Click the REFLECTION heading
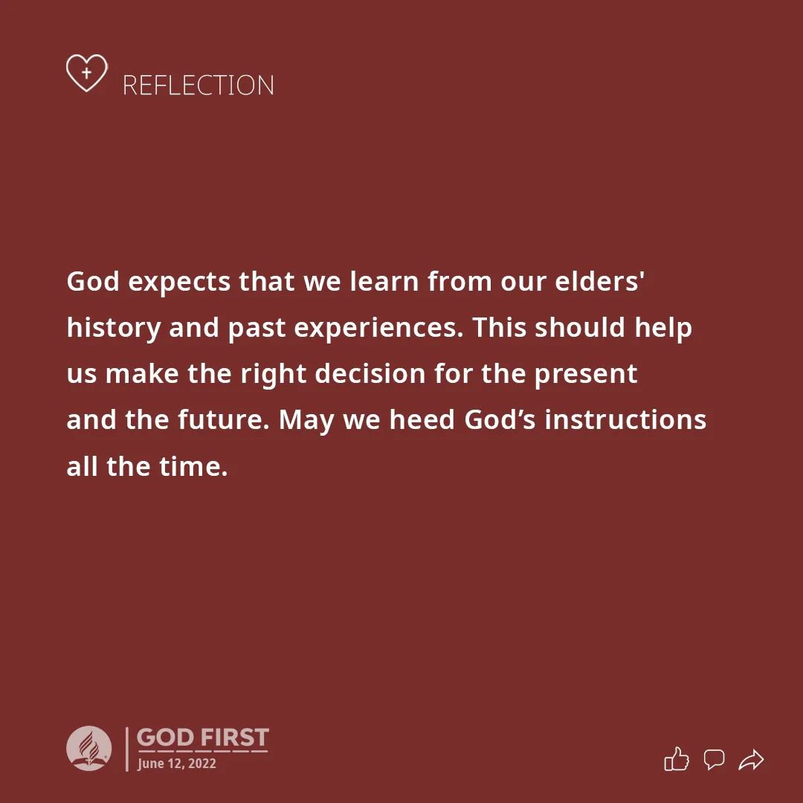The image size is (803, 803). tap(199, 85)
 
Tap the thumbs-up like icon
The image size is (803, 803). tap(677, 759)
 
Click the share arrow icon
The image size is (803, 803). tap(751, 760)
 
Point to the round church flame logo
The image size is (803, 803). tap(89, 748)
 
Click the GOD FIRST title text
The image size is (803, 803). tap(203, 738)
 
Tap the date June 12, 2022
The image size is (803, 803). tap(177, 763)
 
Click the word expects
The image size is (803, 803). tap(179, 283)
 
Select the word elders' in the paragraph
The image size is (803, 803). tap(599, 280)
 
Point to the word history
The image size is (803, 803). tap(114, 329)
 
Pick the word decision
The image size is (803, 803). tap(370, 373)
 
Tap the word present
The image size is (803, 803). tap(586, 374)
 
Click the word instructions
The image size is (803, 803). tap(625, 419)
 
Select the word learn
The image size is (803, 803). tap(384, 280)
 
